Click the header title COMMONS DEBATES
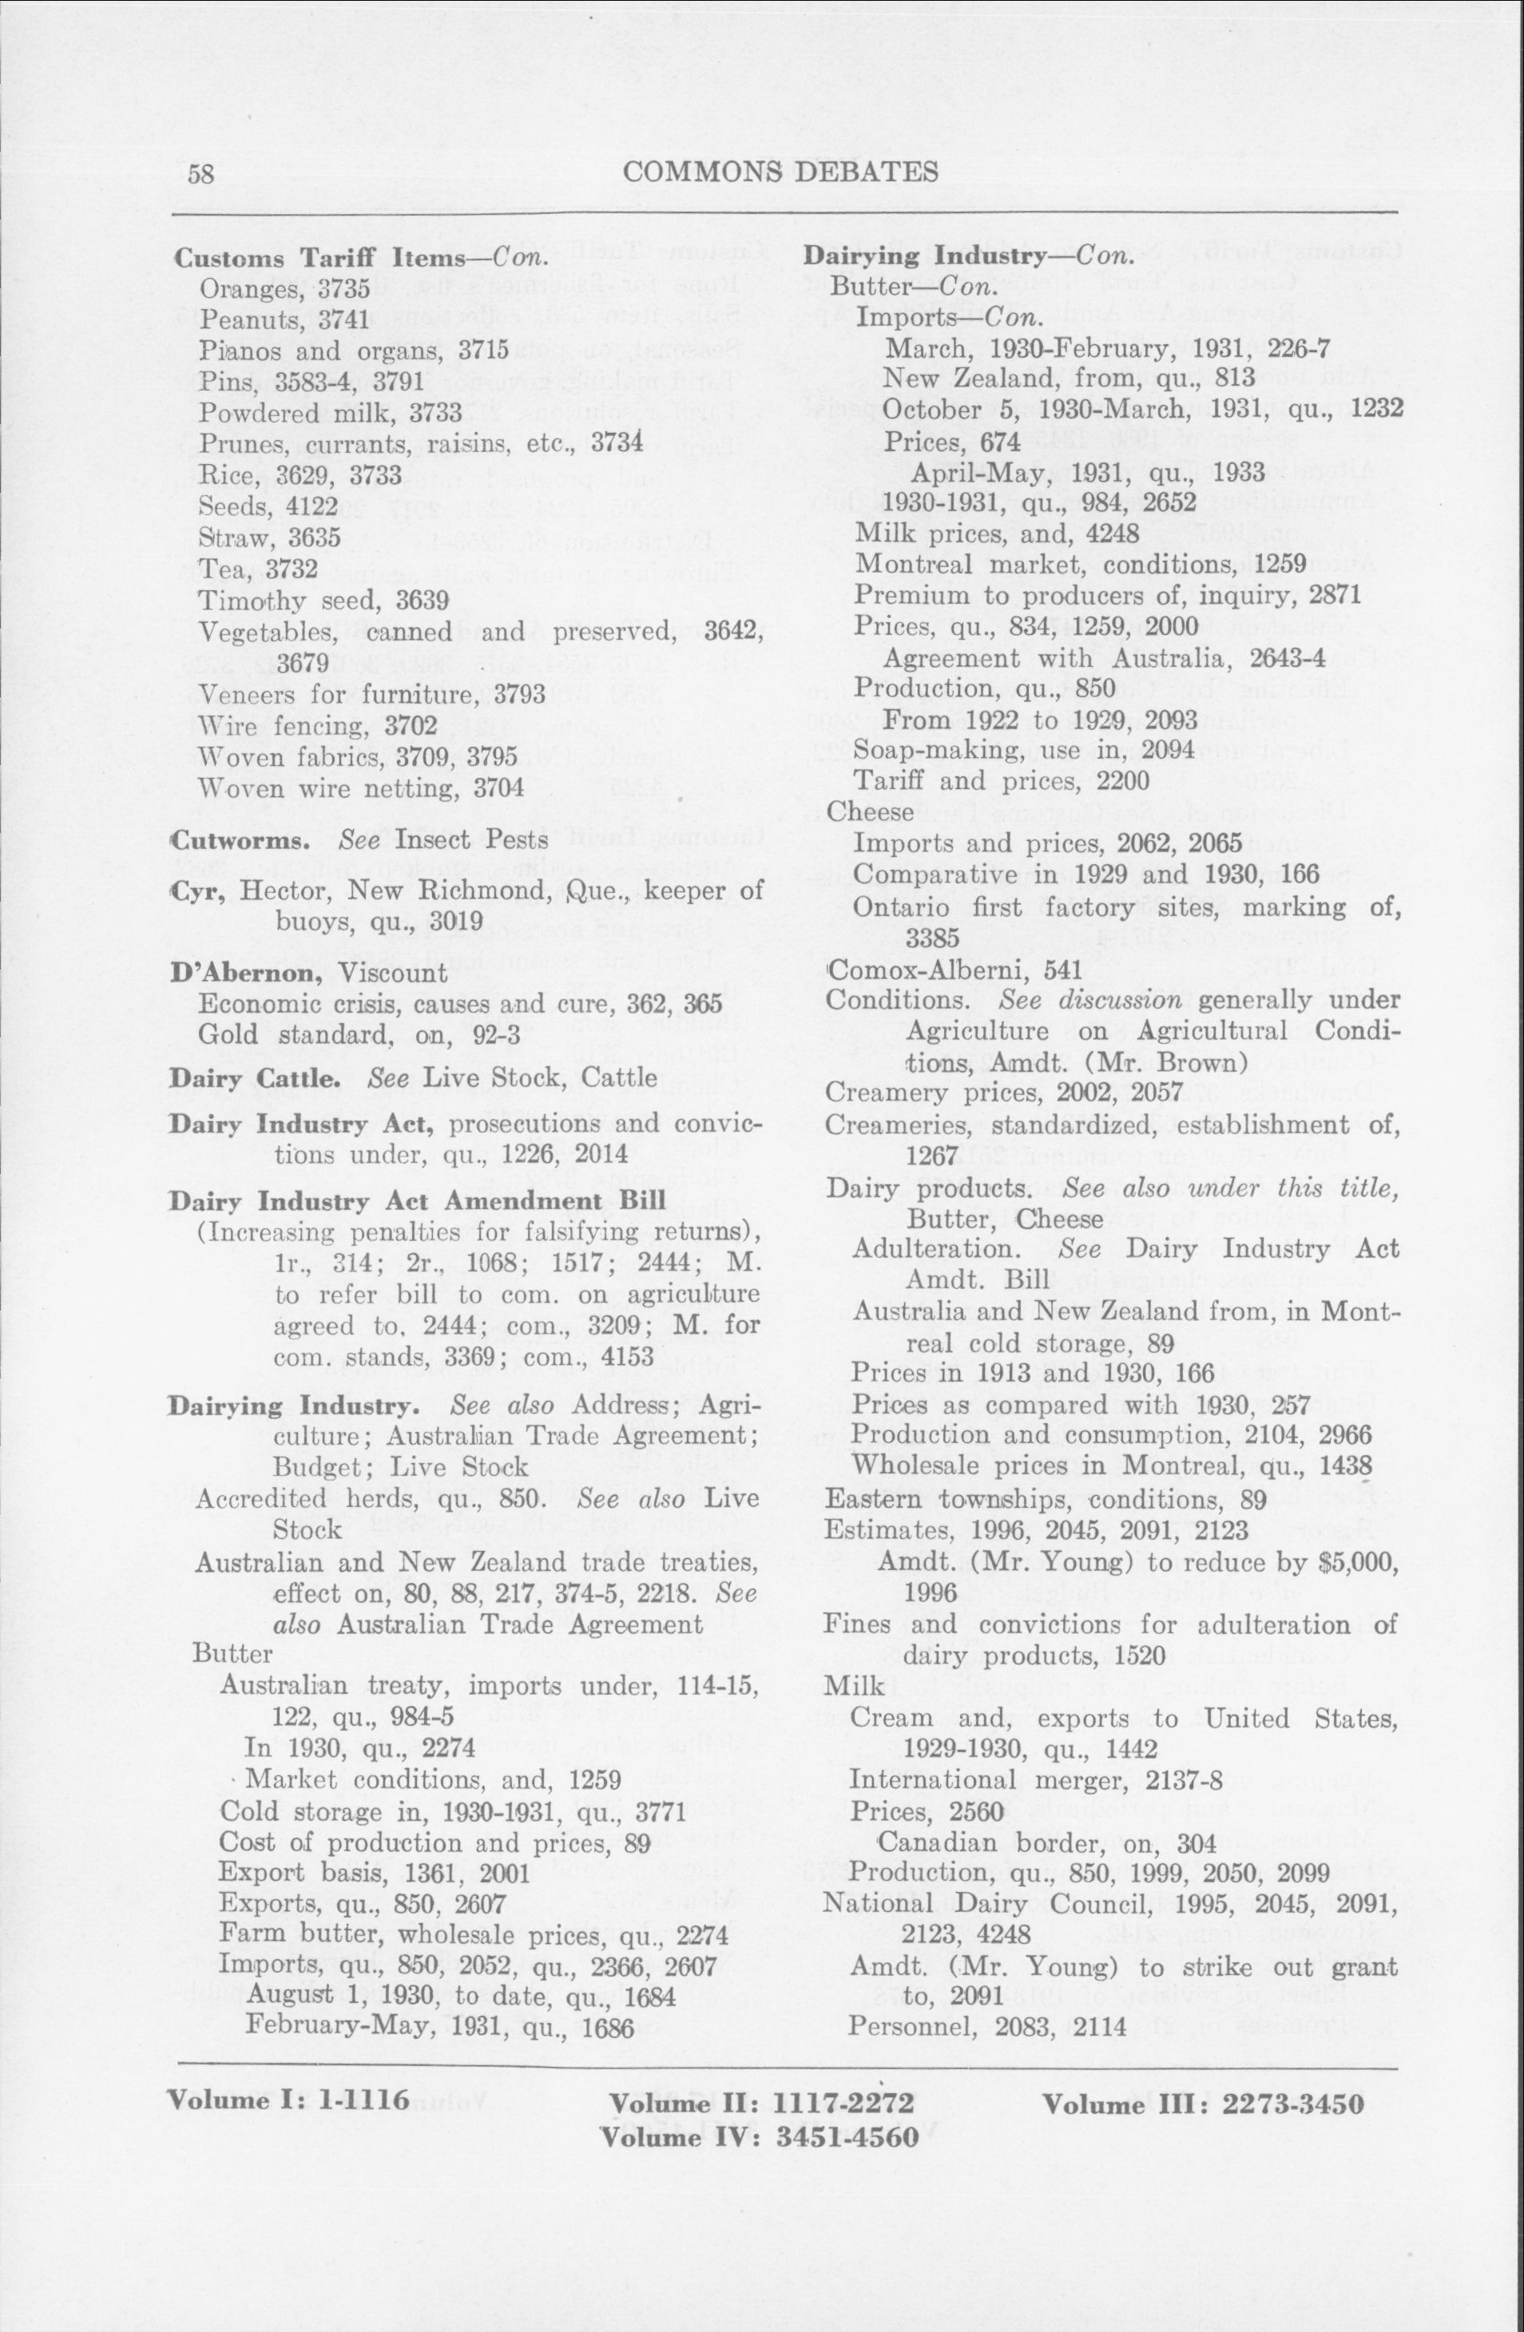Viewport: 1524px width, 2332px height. [x=780, y=172]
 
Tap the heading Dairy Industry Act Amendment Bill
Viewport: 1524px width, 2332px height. [x=418, y=1201]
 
